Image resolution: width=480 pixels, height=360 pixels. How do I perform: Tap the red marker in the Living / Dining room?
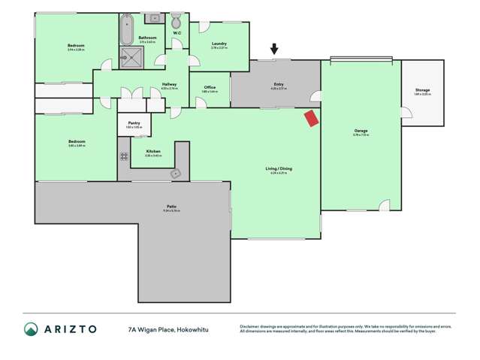click(310, 119)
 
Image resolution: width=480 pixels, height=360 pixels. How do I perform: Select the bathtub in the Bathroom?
click(125, 29)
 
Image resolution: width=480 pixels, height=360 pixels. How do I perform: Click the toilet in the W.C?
click(176, 21)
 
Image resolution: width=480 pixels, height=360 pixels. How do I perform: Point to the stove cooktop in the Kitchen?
click(124, 156)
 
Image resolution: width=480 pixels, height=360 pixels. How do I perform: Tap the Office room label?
click(210, 87)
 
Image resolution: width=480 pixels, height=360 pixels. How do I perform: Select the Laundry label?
click(219, 44)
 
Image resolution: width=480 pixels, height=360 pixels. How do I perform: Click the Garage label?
click(361, 132)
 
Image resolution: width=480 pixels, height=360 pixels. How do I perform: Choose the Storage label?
click(422, 90)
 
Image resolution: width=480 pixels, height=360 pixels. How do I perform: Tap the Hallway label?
click(169, 84)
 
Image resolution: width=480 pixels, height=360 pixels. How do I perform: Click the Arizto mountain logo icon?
click(31, 329)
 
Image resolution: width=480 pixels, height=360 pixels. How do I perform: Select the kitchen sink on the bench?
click(175, 173)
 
